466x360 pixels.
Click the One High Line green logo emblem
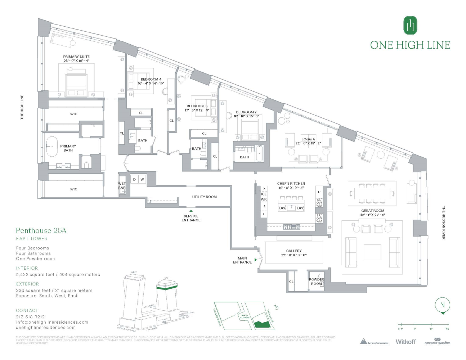[x=410, y=25]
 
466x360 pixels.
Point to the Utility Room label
[x=205, y=197]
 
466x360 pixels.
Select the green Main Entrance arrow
[x=256, y=260]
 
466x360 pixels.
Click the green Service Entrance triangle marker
[x=191, y=211]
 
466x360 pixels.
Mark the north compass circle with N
[x=443, y=305]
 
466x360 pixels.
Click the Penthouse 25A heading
[x=41, y=230]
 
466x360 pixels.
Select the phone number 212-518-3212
[x=30, y=317]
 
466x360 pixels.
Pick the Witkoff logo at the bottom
[x=405, y=342]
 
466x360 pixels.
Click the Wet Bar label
[x=122, y=186]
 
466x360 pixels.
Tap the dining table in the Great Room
[x=372, y=193]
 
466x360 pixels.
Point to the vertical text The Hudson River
[x=444, y=223]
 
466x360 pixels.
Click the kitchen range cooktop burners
[x=292, y=227]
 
